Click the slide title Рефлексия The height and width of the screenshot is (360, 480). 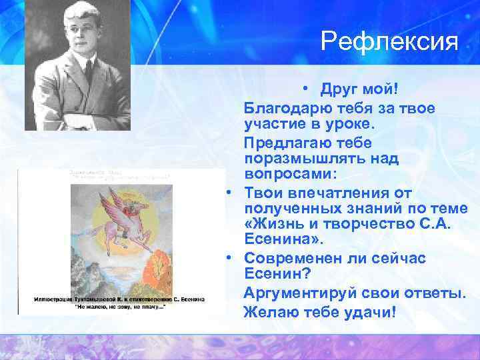(389, 41)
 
